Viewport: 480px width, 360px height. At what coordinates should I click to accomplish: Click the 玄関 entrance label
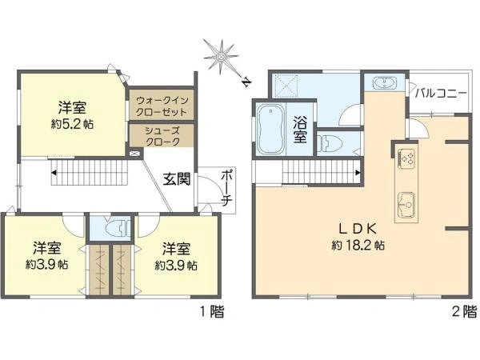[177, 180]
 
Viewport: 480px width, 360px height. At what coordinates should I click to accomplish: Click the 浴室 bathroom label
[301, 130]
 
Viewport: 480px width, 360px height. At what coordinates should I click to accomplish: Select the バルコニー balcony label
[441, 94]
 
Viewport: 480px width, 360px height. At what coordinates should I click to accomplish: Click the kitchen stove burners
[405, 158]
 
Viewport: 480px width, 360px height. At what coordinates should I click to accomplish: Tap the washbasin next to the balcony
[384, 83]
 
